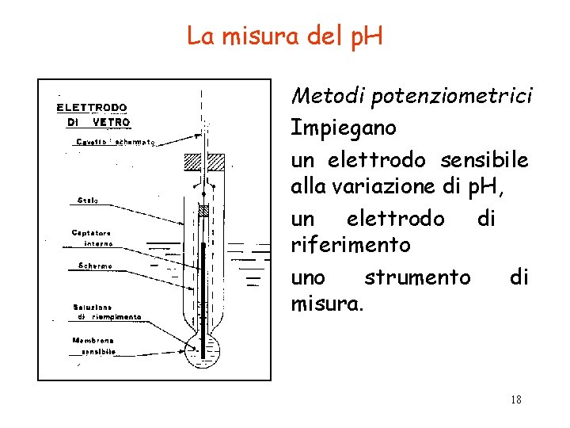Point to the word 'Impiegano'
344,127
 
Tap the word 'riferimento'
351,245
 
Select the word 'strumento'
416,277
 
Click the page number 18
515,399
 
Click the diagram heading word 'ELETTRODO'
92,108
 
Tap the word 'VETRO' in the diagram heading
111,123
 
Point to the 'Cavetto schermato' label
116,143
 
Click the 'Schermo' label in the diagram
95,266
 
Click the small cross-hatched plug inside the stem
203,212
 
